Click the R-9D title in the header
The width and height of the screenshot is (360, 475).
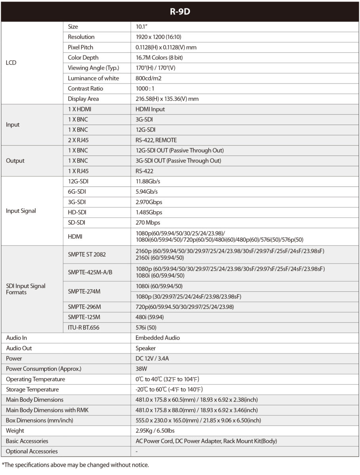(x=180, y=11)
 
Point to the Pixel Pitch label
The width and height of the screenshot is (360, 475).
(x=81, y=47)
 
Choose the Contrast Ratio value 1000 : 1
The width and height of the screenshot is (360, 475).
(x=145, y=88)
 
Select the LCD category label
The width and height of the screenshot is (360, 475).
(x=11, y=63)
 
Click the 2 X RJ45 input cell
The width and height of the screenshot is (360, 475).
(x=79, y=140)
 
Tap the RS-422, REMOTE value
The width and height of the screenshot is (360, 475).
(x=156, y=140)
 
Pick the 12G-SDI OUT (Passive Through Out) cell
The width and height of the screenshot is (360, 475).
(x=179, y=150)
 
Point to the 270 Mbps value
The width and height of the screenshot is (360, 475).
(x=148, y=222)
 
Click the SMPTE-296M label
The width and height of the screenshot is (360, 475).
(x=84, y=307)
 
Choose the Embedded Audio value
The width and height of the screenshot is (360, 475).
(x=158, y=338)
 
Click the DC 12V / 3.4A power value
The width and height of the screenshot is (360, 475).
(x=154, y=358)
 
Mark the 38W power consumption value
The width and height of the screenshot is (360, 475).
(x=141, y=369)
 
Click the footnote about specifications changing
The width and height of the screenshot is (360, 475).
(x=75, y=465)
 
